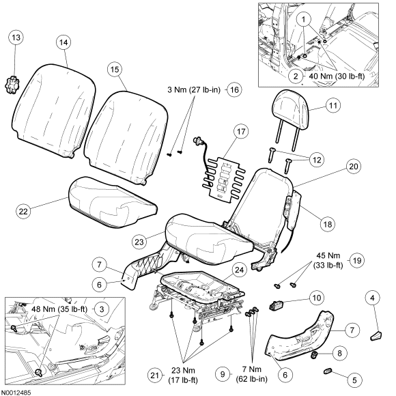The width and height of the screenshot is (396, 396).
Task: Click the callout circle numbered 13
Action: click(16, 38)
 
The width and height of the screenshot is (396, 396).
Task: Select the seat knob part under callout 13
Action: click(12, 85)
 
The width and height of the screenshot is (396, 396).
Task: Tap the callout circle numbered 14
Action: click(63, 42)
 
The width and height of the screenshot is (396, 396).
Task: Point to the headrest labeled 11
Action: click(290, 119)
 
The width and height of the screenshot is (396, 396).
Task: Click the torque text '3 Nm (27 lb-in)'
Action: click(194, 89)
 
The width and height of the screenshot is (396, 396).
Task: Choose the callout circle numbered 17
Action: click(241, 132)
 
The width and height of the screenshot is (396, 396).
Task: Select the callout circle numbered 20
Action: click(354, 167)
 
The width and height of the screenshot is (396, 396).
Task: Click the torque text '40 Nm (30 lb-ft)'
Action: click(337, 76)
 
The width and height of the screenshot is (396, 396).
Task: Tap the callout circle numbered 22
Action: click(23, 211)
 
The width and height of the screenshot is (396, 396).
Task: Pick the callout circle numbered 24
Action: click(239, 270)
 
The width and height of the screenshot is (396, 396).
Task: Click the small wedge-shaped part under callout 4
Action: click(376, 336)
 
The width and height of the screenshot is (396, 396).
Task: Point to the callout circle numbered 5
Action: click(354, 380)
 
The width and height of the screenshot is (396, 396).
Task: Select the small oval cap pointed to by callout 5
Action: click(328, 371)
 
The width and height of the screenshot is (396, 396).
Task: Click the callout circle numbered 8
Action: click(339, 353)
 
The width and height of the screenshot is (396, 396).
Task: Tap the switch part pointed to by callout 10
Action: click(276, 305)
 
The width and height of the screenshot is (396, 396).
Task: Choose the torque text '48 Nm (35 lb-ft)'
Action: click(59, 309)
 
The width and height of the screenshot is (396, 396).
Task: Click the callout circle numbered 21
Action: click(155, 376)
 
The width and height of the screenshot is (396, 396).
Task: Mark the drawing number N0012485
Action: click(16, 392)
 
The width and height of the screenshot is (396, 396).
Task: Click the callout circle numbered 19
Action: click(357, 260)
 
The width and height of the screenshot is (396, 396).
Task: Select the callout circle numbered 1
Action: click(303, 19)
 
